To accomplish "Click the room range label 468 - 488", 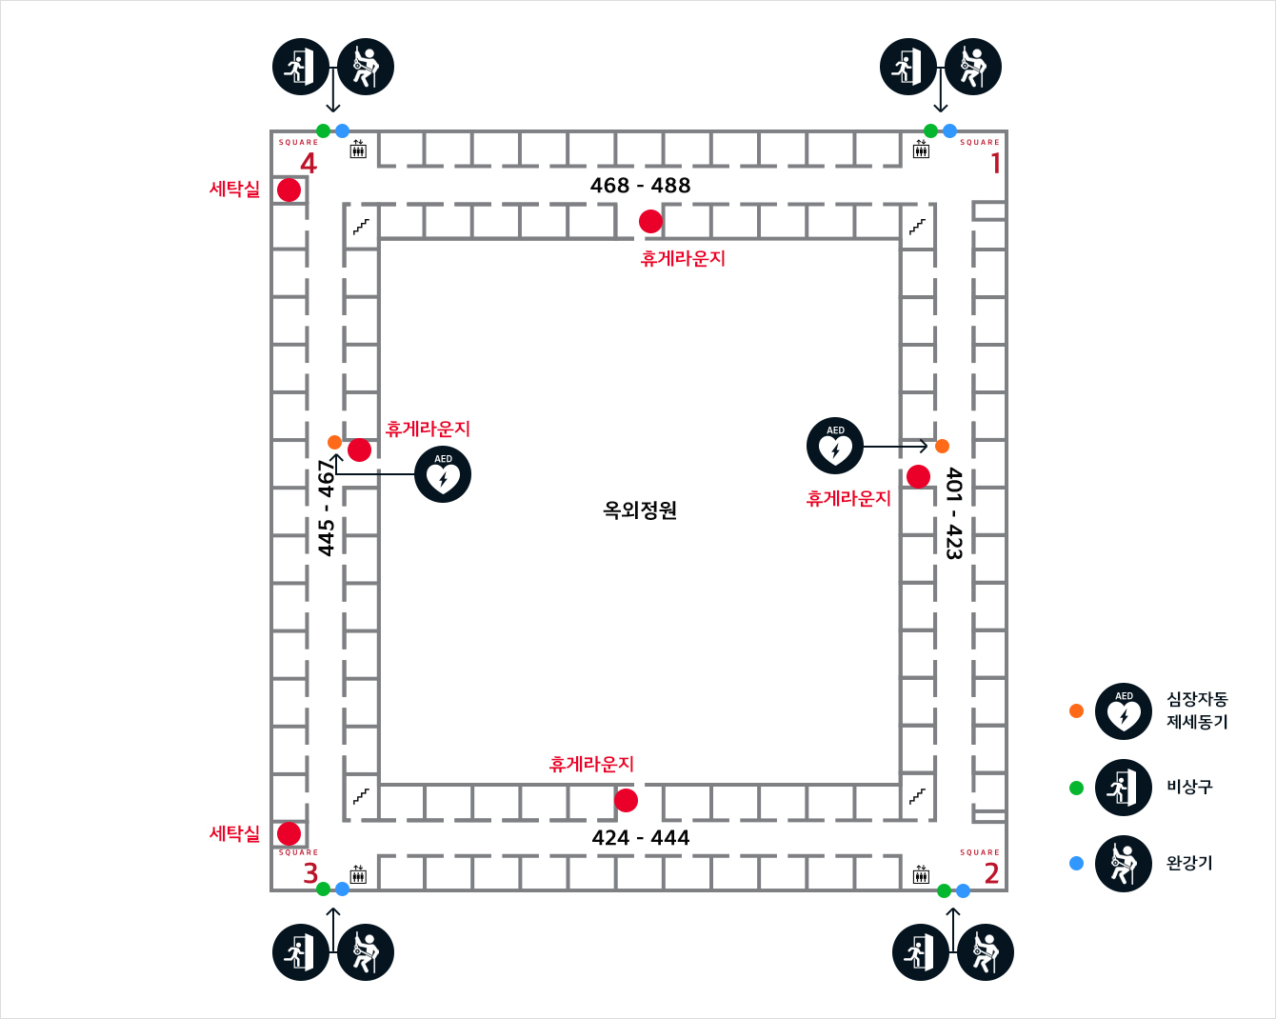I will (640, 186).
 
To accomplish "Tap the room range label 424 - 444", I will (640, 838).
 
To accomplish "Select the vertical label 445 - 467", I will (327, 508).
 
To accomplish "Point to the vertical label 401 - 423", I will (954, 512).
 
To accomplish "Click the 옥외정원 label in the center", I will (640, 510).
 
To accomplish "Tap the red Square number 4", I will (309, 163).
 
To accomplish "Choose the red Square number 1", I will (996, 163).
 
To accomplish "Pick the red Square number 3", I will (310, 873).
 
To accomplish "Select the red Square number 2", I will (991, 873).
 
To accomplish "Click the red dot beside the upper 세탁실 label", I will (289, 190).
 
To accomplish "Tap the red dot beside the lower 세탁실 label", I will (289, 834).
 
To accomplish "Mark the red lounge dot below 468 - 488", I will (650, 221).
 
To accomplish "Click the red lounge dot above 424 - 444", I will (626, 801).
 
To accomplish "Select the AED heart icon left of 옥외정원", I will (443, 474).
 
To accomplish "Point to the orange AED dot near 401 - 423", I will (942, 446).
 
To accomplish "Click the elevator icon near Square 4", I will (358, 150).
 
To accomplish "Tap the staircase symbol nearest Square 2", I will (917, 795).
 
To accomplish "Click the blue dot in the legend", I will (1077, 863).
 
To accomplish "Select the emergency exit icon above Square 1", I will (908, 67).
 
